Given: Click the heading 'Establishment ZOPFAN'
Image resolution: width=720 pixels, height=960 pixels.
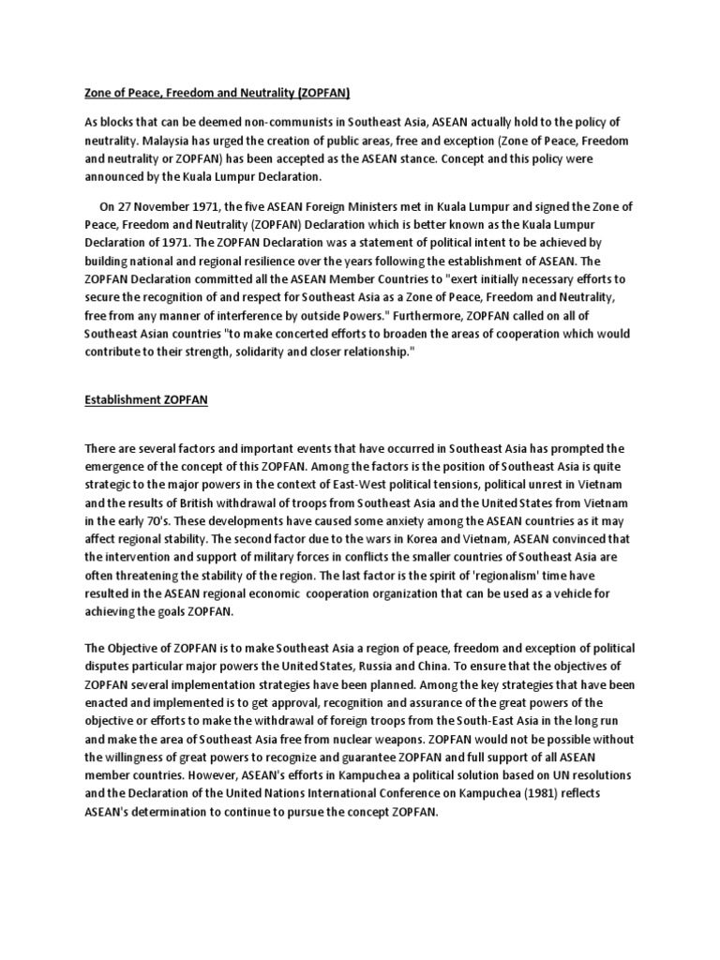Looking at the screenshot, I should [x=146, y=399].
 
